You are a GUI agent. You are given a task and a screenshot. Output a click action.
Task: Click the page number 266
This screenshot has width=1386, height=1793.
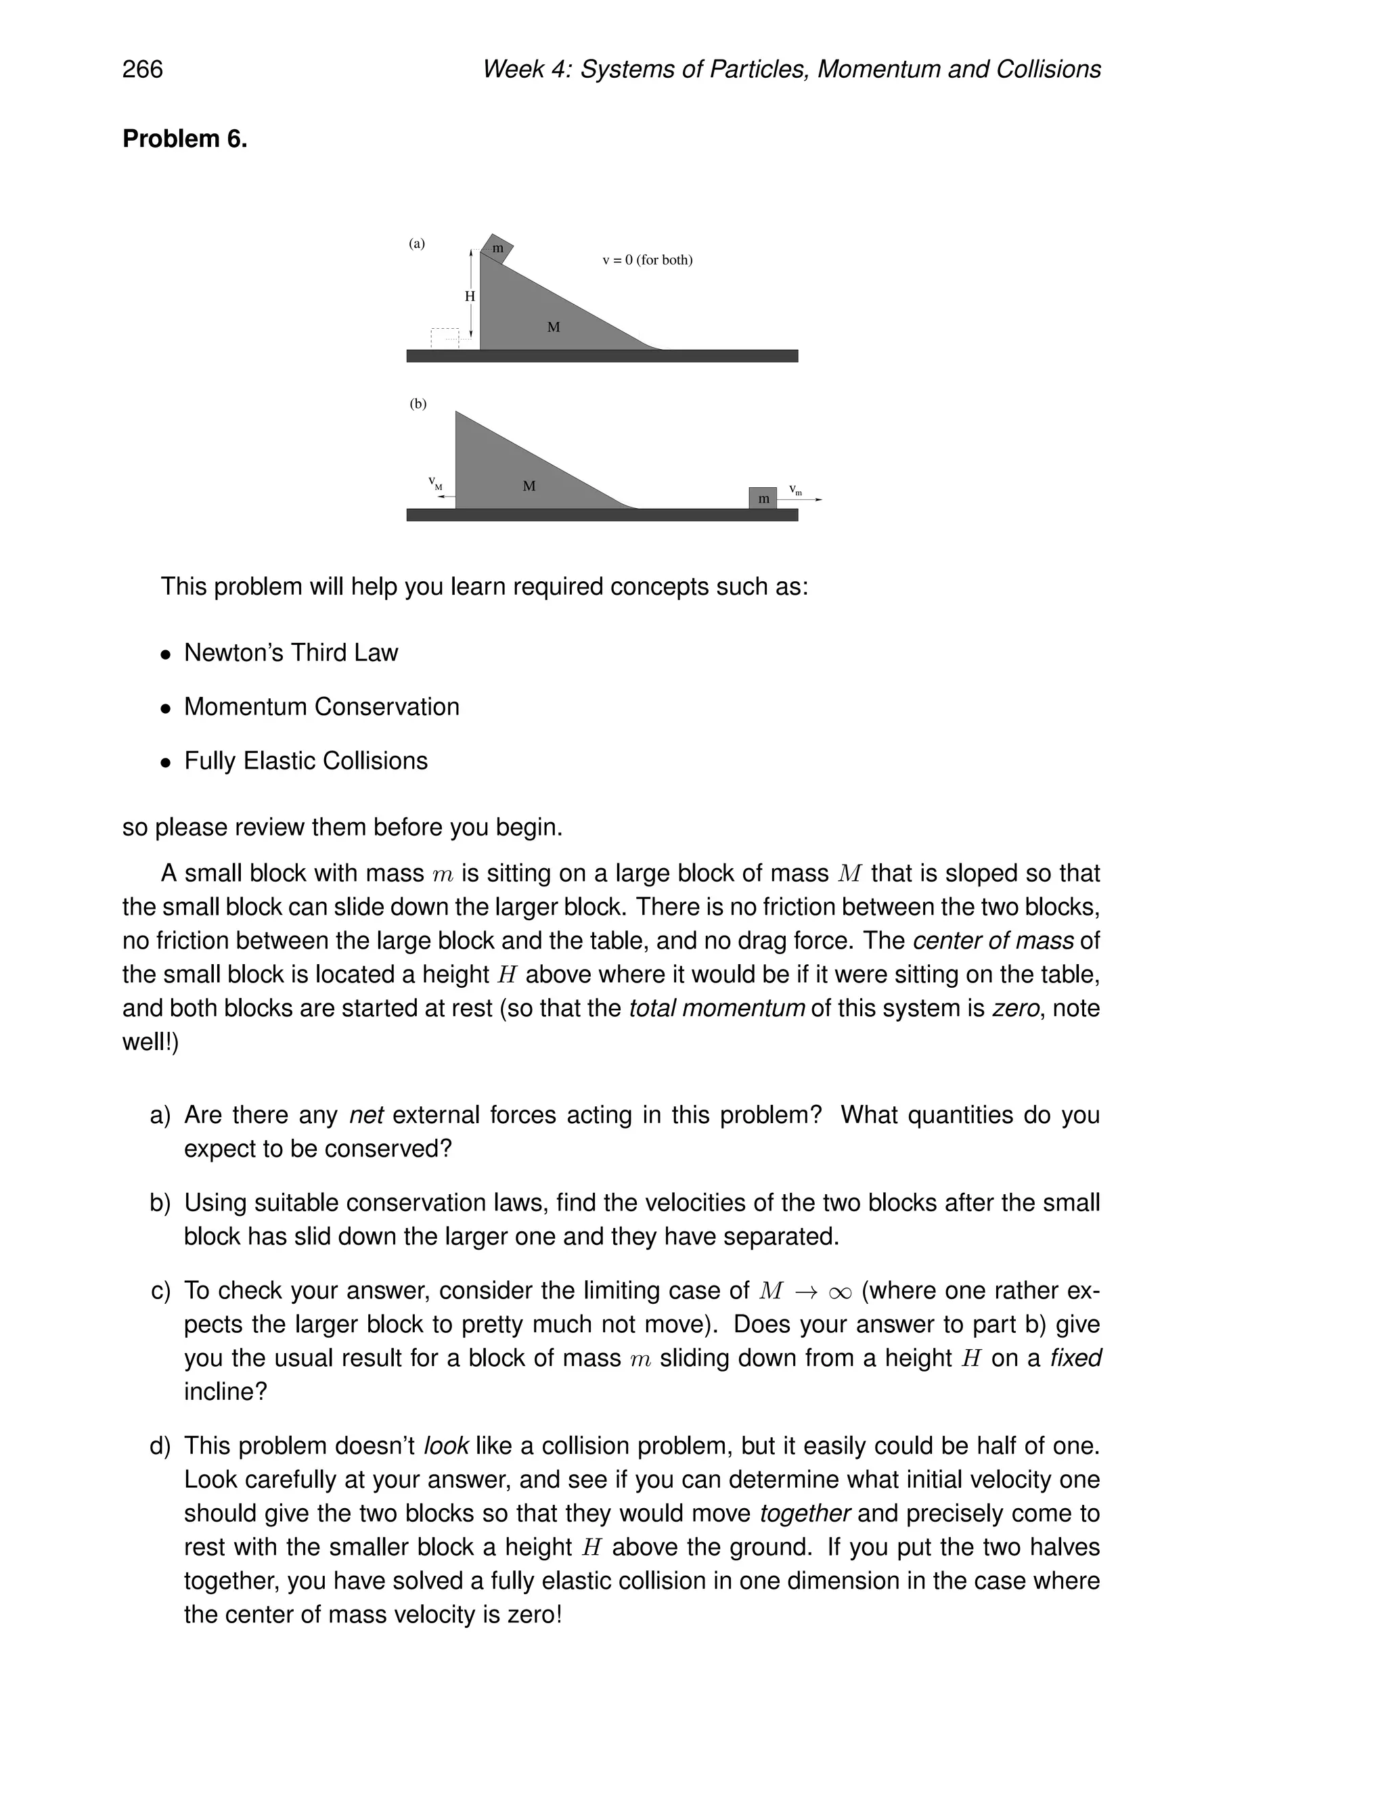tap(142, 69)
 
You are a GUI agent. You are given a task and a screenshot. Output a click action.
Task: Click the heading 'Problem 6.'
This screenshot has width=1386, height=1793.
tap(185, 139)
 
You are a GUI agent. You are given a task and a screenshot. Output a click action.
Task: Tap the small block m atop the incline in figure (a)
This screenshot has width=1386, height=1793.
tap(497, 248)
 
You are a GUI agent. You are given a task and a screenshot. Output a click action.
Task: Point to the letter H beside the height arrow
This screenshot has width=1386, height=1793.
tap(470, 296)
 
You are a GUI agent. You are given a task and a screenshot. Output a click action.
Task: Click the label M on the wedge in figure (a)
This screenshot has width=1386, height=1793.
tap(554, 327)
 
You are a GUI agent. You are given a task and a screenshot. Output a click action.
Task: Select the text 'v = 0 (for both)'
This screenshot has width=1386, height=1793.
tap(647, 260)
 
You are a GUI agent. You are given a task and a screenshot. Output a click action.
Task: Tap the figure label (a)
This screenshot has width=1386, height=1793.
tap(417, 244)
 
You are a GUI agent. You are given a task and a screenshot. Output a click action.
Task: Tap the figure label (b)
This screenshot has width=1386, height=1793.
tap(418, 404)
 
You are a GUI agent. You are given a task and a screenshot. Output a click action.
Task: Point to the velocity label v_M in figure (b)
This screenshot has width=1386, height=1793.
tap(435, 484)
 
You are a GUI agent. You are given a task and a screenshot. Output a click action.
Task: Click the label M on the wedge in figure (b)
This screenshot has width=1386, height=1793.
tap(529, 486)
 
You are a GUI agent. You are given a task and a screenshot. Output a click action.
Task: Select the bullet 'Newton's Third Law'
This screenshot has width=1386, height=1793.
tap(290, 653)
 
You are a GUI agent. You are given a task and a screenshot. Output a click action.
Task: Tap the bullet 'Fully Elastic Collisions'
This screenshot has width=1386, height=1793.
tap(305, 761)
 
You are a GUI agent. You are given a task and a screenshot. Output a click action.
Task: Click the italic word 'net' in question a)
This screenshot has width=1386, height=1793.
tap(366, 1115)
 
